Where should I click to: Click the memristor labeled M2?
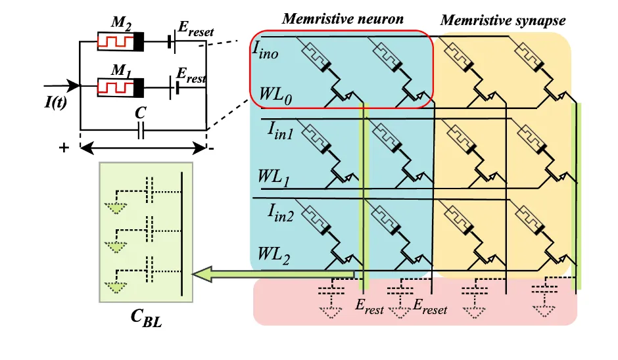pos(120,41)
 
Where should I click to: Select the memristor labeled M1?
pos(120,87)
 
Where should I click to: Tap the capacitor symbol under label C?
pos(141,130)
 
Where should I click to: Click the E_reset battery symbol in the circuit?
pos(171,42)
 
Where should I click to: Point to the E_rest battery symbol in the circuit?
pos(174,87)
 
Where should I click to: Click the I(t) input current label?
pos(56,102)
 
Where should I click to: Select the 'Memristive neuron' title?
pos(343,18)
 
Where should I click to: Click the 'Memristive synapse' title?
pos(503,20)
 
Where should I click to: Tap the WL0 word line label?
pos(275,96)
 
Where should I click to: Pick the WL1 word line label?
pos(273,177)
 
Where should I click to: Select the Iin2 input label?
pos(281,213)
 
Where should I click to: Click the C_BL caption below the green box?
pos(146,317)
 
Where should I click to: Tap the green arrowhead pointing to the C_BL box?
pos(202,274)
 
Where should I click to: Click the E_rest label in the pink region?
pos(369,306)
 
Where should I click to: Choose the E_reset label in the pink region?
pos(430,306)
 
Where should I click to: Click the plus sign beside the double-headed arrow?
pos(64,148)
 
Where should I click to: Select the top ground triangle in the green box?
pos(116,208)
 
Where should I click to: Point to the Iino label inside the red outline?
pos(265,51)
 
